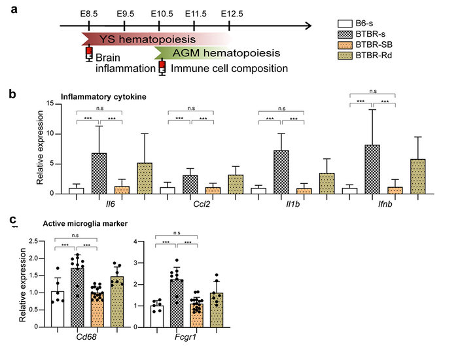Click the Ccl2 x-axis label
point(189,202)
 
